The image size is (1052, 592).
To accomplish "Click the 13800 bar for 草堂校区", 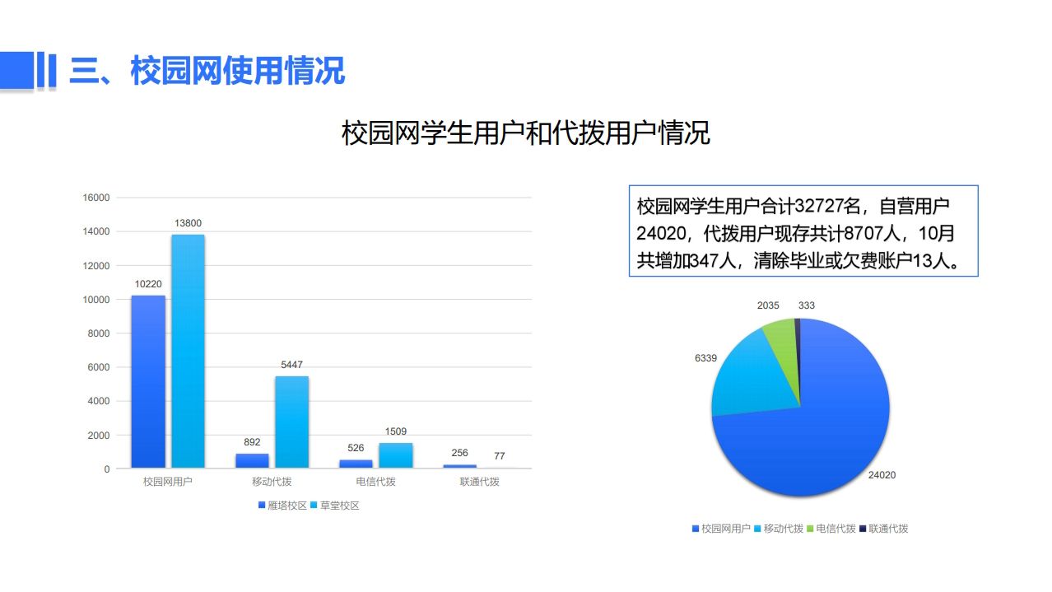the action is pyautogui.click(x=188, y=351).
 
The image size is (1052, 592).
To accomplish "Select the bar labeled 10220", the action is pyautogui.click(x=148, y=381).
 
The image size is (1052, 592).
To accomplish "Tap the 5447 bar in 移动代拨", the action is pyautogui.click(x=291, y=422).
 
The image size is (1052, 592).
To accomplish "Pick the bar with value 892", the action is pyautogui.click(x=252, y=461).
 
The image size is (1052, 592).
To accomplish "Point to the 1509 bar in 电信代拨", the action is pyautogui.click(x=396, y=455).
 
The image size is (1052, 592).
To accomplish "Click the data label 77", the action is pyautogui.click(x=499, y=456).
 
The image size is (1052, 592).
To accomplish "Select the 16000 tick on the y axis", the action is pyautogui.click(x=96, y=198).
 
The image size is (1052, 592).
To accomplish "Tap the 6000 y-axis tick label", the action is pyautogui.click(x=99, y=367).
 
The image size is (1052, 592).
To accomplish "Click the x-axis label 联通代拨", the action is pyautogui.click(x=480, y=482).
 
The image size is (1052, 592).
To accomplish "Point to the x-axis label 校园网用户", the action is pyautogui.click(x=168, y=482).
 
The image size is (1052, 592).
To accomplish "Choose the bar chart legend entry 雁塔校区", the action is pyautogui.click(x=282, y=506).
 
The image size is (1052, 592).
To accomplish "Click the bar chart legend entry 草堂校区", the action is pyautogui.click(x=335, y=506).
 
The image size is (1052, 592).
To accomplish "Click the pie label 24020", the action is pyautogui.click(x=882, y=475).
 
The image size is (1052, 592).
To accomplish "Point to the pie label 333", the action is pyautogui.click(x=807, y=305).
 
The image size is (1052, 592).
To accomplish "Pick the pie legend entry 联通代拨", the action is pyautogui.click(x=884, y=529).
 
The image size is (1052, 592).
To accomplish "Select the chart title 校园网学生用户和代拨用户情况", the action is pyautogui.click(x=525, y=133).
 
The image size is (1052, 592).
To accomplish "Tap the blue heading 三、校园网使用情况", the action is pyautogui.click(x=207, y=71).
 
